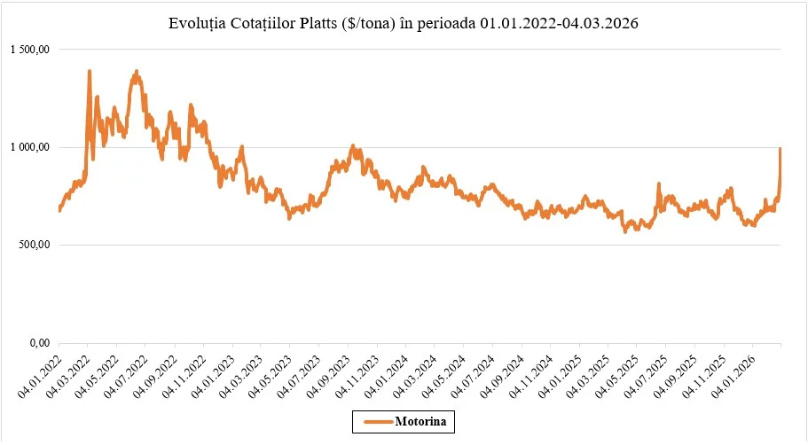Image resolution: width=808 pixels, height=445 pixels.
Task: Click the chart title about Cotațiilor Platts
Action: tap(403, 23)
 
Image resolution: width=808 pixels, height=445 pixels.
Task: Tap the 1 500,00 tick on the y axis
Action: tap(30, 50)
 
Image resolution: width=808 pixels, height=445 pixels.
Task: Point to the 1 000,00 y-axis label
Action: tap(30, 147)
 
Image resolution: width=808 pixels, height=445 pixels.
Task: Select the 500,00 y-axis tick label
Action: tap(34, 245)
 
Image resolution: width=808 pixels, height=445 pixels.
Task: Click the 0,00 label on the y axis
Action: tap(40, 343)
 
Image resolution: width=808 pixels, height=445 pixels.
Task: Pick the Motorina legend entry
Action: tap(404, 421)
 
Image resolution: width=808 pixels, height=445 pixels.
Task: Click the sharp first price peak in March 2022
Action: tap(90, 71)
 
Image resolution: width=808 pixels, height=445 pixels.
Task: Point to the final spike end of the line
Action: tap(781, 148)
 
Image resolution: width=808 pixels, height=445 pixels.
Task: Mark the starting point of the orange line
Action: tap(59, 210)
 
